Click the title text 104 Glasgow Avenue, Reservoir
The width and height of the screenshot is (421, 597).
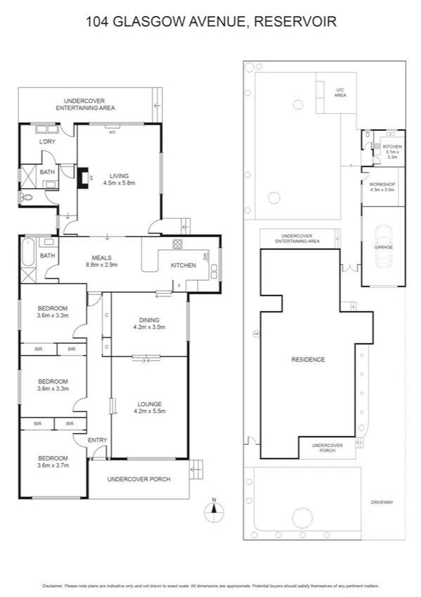(211, 22)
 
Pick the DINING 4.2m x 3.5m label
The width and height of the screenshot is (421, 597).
(149, 324)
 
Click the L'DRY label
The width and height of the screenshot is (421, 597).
(47, 143)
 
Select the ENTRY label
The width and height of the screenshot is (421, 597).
(98, 441)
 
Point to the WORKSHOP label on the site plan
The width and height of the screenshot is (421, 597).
(382, 187)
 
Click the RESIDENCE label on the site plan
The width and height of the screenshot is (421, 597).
(308, 360)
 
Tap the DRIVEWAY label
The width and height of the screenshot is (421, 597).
(382, 502)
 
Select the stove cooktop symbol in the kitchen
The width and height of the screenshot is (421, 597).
(178, 245)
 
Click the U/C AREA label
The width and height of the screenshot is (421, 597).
(340, 92)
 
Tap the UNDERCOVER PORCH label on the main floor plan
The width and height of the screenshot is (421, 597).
(138, 479)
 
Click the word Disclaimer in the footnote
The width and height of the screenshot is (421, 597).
(53, 586)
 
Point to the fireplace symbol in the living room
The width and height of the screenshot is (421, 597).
(83, 177)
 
